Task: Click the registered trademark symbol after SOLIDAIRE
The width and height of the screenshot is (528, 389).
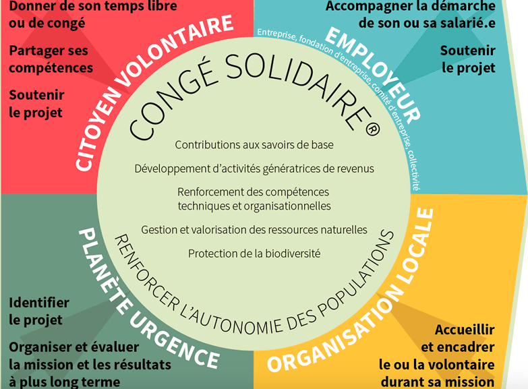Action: [372, 129]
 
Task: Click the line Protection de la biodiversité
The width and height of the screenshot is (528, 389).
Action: [254, 253]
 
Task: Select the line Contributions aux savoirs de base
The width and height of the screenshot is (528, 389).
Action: [254, 145]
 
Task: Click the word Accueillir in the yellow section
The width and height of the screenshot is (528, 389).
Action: [465, 330]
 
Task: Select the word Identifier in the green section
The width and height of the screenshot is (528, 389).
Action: [39, 303]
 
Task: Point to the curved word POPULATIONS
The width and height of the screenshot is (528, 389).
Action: [356, 274]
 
